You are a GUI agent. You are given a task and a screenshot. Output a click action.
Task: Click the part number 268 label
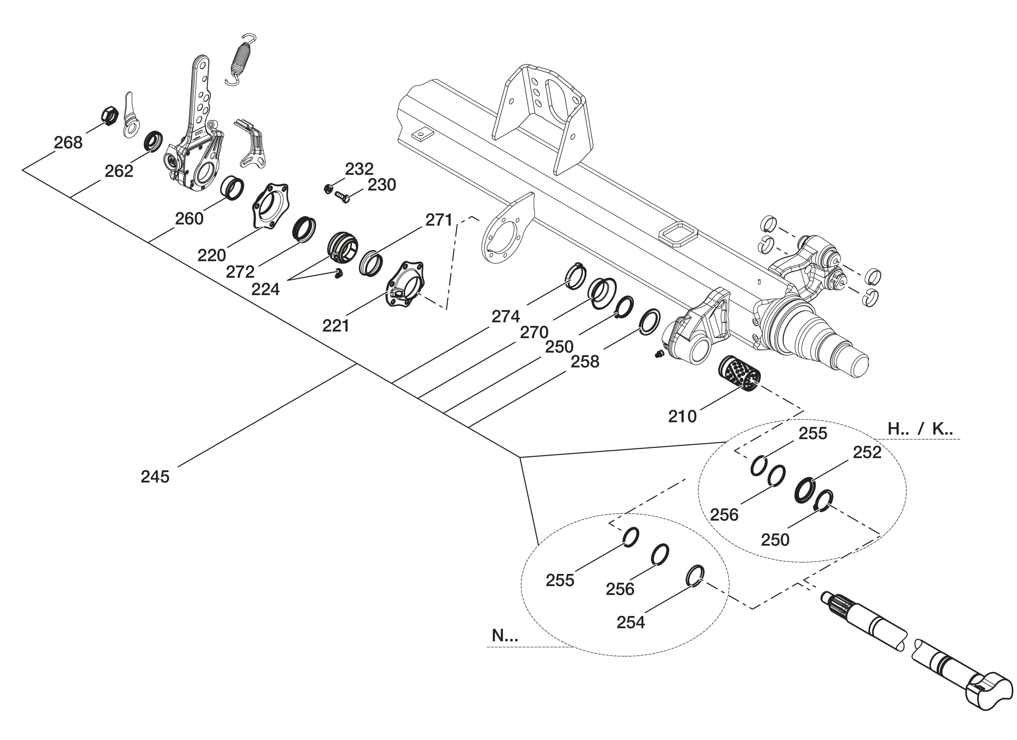[x=68, y=143]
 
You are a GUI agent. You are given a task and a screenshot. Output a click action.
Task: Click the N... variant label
[x=504, y=636]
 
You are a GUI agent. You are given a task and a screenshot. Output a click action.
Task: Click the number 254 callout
[x=631, y=622]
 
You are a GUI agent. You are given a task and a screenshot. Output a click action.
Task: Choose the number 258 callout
[x=585, y=361]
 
